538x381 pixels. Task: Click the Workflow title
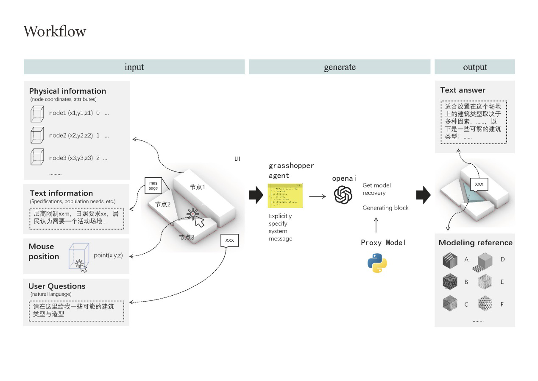[x=55, y=31]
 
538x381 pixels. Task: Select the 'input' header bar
[x=134, y=67]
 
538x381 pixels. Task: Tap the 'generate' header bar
[x=340, y=67]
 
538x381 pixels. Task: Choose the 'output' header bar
[x=475, y=67]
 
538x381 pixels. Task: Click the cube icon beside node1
[x=37, y=114]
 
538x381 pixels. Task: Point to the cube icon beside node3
[x=37, y=157]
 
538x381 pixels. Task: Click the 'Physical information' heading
[x=67, y=91]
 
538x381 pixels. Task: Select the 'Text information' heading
[x=61, y=193]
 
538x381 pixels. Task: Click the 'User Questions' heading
[x=57, y=286]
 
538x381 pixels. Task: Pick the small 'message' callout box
[x=153, y=185]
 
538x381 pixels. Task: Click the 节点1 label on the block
[x=198, y=187]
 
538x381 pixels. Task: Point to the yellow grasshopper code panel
[x=285, y=196]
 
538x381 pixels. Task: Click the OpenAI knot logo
[x=343, y=195]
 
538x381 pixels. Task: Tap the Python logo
[x=377, y=263]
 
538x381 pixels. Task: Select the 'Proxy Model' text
[x=383, y=243]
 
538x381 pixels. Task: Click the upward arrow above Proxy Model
[x=377, y=225]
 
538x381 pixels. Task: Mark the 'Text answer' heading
[x=463, y=90]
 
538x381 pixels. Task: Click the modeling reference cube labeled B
[x=450, y=281]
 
